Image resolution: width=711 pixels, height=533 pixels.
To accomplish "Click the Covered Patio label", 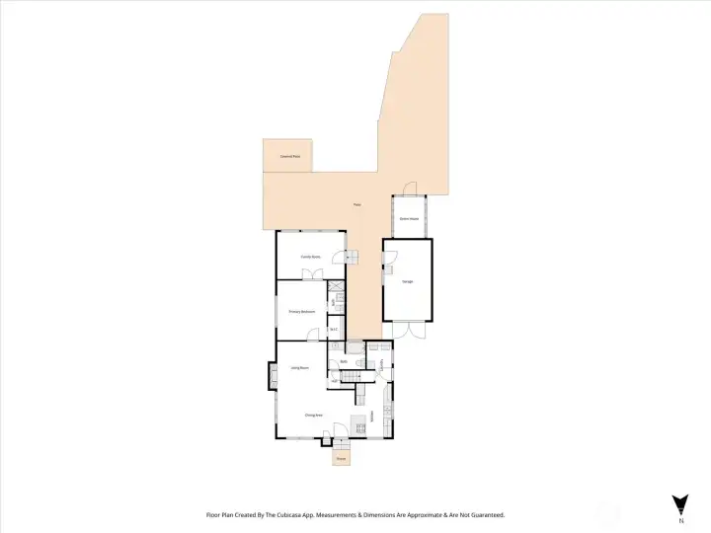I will pyautogui.click(x=289, y=157).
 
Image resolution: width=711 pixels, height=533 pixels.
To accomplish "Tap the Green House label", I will pyautogui.click(x=409, y=218).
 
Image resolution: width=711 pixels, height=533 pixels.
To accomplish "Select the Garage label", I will pyautogui.click(x=407, y=281).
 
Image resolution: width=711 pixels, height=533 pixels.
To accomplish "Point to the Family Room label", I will pyautogui.click(x=310, y=257).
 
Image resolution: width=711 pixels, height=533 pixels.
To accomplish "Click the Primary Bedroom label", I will pyautogui.click(x=301, y=311).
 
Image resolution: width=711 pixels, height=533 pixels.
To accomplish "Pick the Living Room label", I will pyautogui.click(x=300, y=367).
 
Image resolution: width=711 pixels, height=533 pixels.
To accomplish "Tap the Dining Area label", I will pyautogui.click(x=314, y=415).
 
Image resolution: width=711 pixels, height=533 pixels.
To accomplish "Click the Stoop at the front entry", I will pyautogui.click(x=341, y=458).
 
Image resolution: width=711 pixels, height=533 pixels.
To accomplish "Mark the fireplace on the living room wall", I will pyautogui.click(x=272, y=375).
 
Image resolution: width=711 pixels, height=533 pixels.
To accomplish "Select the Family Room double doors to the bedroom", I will pyautogui.click(x=312, y=275).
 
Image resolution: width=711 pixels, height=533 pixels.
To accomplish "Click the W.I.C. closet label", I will pyautogui.click(x=334, y=329).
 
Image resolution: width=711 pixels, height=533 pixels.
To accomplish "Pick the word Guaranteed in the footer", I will pyautogui.click(x=483, y=515).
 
